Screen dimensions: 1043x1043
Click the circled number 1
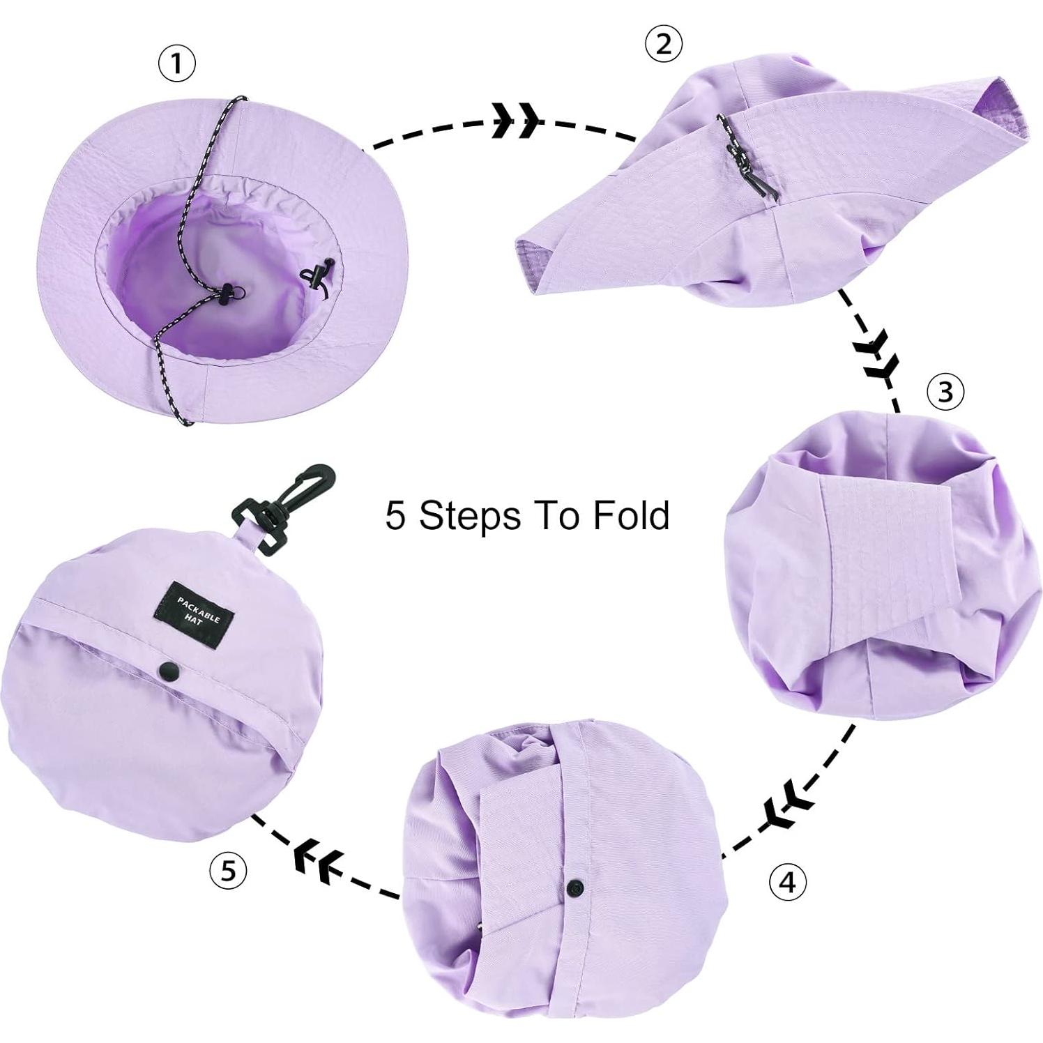[177, 64]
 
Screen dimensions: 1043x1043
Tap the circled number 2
[663, 44]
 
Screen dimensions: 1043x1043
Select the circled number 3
[945, 392]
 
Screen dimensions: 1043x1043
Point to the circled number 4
[787, 882]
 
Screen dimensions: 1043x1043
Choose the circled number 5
[228, 871]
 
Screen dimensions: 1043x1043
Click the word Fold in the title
[632, 515]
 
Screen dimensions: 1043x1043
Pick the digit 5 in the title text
[395, 516]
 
